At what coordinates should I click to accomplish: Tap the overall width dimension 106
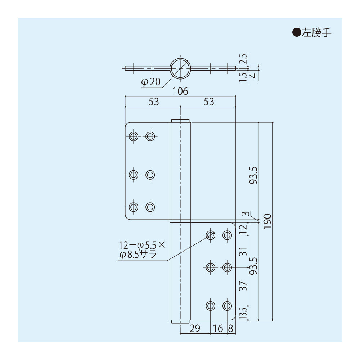click(x=180, y=91)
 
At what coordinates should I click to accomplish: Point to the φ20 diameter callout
click(x=150, y=82)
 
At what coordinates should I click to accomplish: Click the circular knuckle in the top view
click(x=180, y=68)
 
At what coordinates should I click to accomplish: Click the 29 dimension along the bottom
click(x=195, y=328)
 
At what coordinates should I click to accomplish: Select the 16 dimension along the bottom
click(x=219, y=328)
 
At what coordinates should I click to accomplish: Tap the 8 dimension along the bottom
click(x=231, y=328)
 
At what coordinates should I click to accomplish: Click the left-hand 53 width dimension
click(x=154, y=102)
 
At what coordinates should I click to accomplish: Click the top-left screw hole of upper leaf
click(x=134, y=136)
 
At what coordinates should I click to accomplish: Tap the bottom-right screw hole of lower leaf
click(x=227, y=306)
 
